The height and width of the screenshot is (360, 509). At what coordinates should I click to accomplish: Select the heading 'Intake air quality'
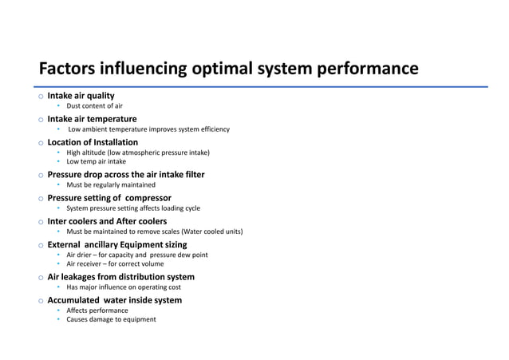(x=81, y=96)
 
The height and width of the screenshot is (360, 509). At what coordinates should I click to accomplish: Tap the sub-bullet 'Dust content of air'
(x=94, y=106)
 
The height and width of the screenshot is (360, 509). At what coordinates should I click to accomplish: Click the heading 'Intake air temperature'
(x=92, y=119)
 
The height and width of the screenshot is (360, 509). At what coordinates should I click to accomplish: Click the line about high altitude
(x=138, y=152)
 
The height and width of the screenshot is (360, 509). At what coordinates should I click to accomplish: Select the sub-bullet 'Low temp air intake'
(x=96, y=161)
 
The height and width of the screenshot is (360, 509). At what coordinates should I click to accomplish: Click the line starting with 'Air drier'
(x=137, y=255)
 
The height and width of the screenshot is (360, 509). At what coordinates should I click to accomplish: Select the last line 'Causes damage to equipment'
(x=111, y=319)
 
